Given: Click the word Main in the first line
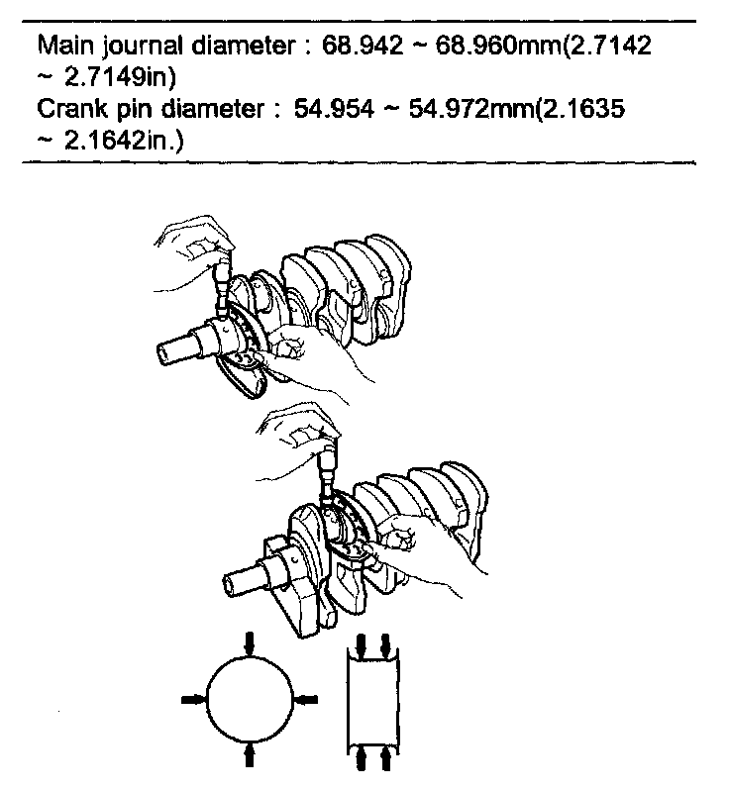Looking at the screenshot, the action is tap(66, 46).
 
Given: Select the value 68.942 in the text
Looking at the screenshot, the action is tap(362, 46).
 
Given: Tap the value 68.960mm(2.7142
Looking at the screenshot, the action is tap(543, 46).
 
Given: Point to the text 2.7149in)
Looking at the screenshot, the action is tap(120, 77).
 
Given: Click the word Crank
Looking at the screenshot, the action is tap(72, 108).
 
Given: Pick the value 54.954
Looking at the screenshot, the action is tap(334, 108).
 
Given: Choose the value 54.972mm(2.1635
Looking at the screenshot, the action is tap(517, 109).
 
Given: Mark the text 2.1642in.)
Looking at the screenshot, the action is tap(124, 141).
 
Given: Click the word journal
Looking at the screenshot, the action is tap(144, 47).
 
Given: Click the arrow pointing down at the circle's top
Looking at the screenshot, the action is tap(250, 644).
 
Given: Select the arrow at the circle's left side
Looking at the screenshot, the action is tap(194, 699).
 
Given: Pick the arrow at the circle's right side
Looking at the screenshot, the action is tap(305, 700).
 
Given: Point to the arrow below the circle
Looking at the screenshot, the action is tap(249, 754).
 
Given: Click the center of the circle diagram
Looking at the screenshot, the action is tap(250, 699).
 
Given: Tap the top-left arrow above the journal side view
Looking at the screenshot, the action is tap(361, 645).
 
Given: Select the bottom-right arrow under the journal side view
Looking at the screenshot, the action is tap(385, 758).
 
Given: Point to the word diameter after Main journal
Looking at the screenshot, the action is tap(244, 46).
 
